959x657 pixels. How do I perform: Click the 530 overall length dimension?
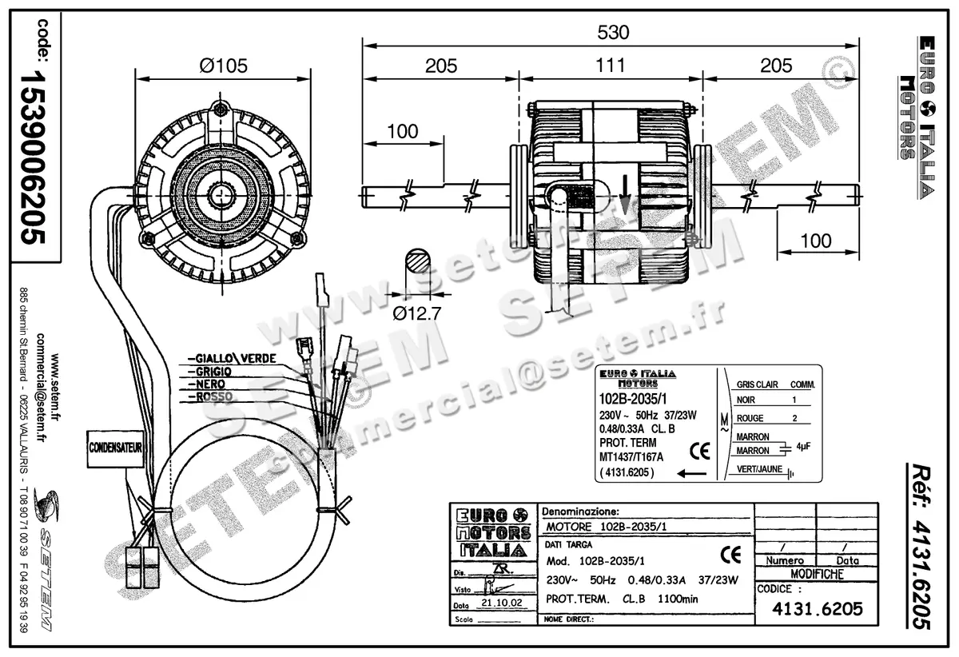[612, 33]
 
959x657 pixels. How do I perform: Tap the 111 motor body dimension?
[611, 66]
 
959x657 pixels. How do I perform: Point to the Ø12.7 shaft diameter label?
[418, 313]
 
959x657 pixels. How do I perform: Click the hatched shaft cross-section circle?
[416, 261]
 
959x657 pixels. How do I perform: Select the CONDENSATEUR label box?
[115, 448]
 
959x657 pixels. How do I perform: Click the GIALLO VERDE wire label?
[231, 357]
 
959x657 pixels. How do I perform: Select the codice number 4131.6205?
[817, 608]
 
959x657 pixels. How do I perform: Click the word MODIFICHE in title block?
[817, 574]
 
